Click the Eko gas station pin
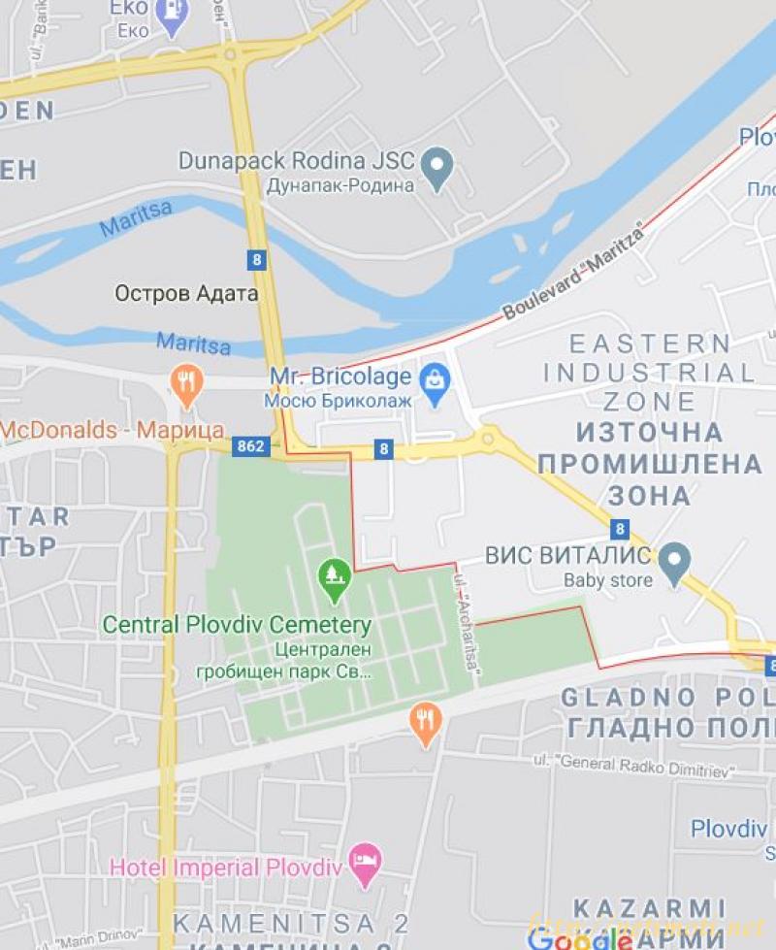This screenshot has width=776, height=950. [173, 16]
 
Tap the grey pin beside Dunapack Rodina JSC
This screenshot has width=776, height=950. [438, 167]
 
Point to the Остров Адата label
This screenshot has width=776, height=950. [186, 293]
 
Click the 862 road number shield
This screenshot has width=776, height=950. [250, 446]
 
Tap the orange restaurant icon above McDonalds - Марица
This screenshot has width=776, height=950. [187, 384]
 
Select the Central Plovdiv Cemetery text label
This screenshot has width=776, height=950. [237, 624]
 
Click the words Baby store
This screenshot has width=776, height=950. [608, 581]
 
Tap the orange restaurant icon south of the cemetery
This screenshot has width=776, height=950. [425, 721]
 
